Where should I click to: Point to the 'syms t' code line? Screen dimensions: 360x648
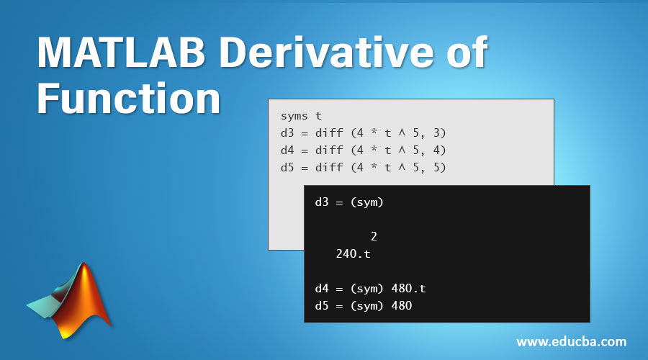301,115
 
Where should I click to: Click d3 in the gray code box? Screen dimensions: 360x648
287,132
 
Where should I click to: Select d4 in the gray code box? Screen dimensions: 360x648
287,150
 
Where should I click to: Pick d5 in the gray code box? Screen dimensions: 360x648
287,167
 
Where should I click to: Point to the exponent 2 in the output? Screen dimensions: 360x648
374,236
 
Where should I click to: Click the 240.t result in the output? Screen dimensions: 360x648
353,253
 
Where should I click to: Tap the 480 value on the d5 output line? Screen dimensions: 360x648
401,306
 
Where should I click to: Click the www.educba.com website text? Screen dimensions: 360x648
571,342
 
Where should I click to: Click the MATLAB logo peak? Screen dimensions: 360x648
84,271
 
